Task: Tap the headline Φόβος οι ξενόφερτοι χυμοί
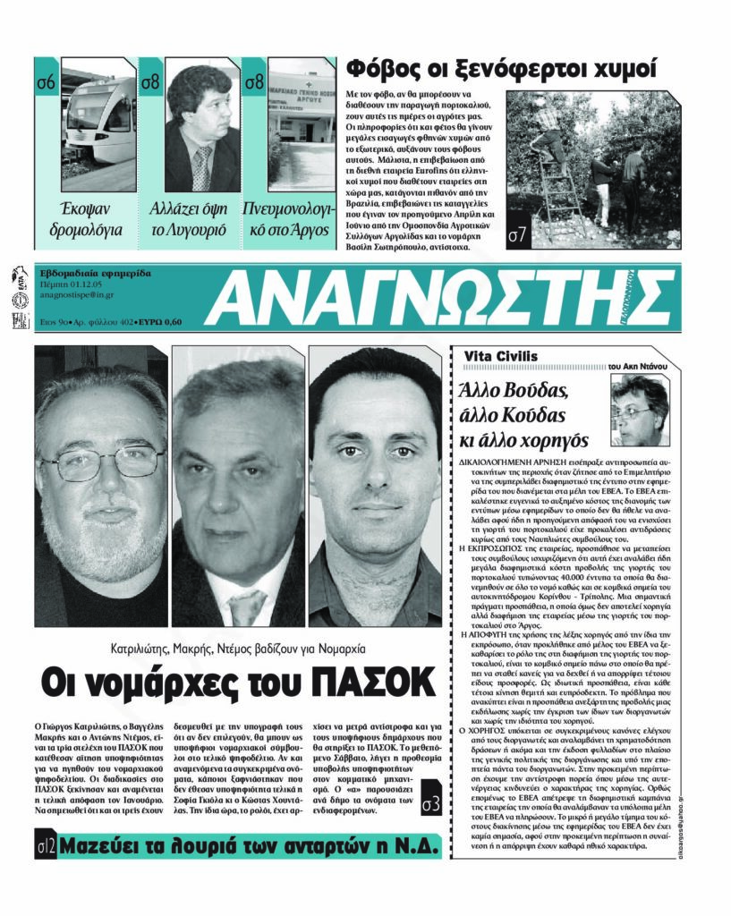pyautogui.click(x=502, y=68)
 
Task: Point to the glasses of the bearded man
pyautogui.click(x=101, y=462)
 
